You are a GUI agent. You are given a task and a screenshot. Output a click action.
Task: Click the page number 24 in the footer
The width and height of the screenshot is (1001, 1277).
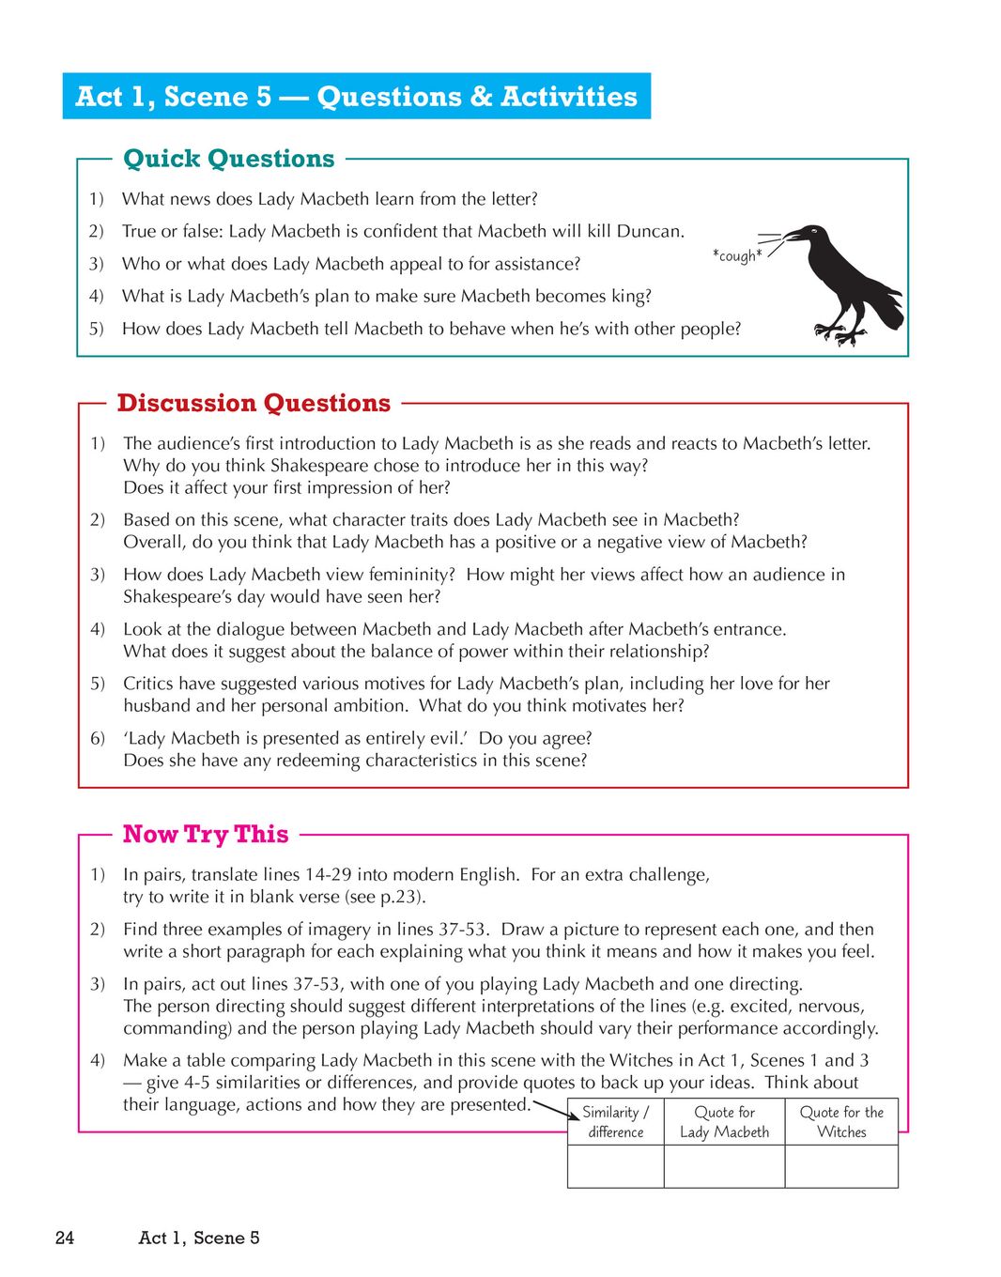tap(64, 1238)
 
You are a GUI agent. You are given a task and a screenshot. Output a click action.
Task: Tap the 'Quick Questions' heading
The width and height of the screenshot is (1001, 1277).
tap(228, 159)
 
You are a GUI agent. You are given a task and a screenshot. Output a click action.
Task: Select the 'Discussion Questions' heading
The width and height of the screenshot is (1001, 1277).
tap(254, 403)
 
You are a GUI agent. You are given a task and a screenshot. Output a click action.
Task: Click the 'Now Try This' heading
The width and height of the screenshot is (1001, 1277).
tap(206, 834)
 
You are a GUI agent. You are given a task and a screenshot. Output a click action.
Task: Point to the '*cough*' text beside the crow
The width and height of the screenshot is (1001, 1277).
tap(737, 255)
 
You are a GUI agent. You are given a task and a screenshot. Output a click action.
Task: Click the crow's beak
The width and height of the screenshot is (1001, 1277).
tap(794, 235)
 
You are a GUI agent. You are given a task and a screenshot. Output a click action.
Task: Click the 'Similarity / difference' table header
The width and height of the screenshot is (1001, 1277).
tap(615, 1122)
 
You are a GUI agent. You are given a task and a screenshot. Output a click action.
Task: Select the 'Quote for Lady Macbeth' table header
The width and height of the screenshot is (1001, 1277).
tap(724, 1122)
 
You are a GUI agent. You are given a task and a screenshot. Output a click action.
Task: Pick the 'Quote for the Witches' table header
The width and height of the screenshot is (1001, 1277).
tap(841, 1122)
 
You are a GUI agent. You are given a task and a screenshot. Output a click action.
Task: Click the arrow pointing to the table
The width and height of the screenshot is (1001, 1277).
tap(557, 1109)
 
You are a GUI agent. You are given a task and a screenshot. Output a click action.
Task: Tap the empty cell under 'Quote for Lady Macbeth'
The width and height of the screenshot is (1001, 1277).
tap(724, 1167)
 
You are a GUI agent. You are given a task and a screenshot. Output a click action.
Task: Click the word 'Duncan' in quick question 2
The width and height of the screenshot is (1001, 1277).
tap(652, 231)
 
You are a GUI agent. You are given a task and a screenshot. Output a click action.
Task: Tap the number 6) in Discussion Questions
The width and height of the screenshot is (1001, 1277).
tap(98, 738)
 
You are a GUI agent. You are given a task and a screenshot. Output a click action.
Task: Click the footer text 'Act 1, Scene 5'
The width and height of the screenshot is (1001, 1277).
tap(199, 1238)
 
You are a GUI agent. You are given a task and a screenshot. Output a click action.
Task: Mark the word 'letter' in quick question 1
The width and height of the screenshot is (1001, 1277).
tap(513, 199)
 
